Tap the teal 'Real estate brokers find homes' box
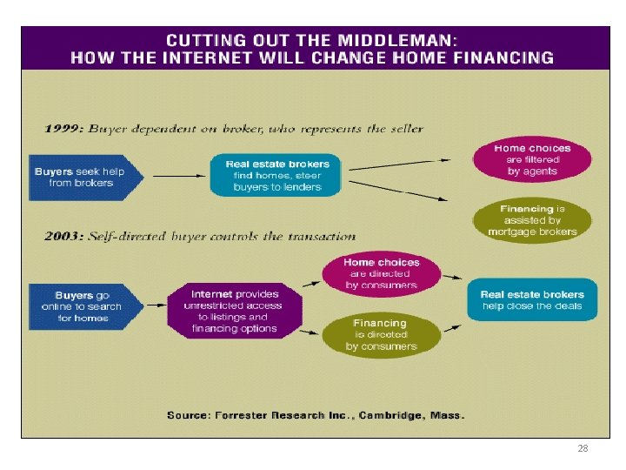click(276, 177)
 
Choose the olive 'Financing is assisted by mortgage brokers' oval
click(532, 221)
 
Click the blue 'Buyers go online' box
click(84, 306)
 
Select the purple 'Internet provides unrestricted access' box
click(235, 311)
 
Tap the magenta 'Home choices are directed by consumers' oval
click(381, 273)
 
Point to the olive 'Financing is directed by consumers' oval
click(381, 335)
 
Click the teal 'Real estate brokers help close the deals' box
click(531, 300)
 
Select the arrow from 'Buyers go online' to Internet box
click(156, 305)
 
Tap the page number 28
click(583, 449)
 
